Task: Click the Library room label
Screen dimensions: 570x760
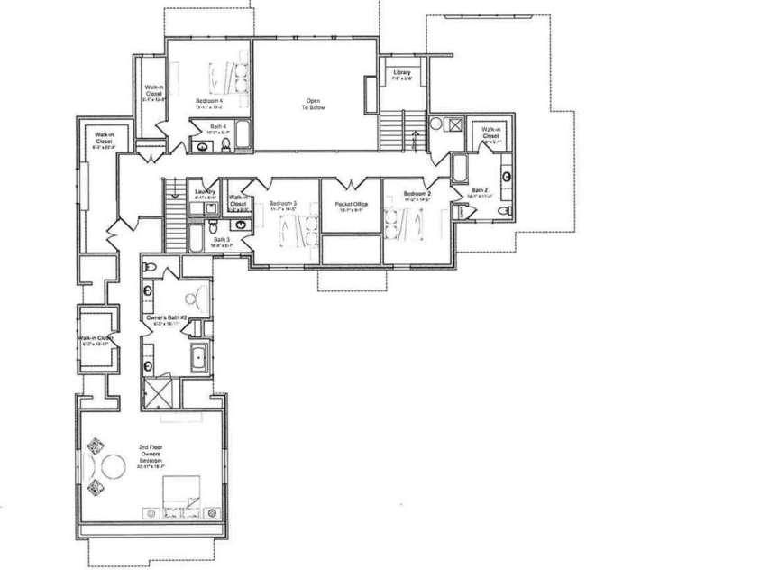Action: [x=402, y=72]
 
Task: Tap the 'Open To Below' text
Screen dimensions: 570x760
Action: [x=313, y=104]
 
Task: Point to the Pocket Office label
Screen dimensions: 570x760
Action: [x=350, y=205]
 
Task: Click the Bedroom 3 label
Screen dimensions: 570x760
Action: [x=283, y=204]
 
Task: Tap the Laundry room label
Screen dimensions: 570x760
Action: [x=204, y=191]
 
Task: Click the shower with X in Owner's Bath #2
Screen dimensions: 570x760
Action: [x=159, y=393]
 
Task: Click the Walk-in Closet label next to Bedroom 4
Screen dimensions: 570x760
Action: [x=154, y=94]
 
